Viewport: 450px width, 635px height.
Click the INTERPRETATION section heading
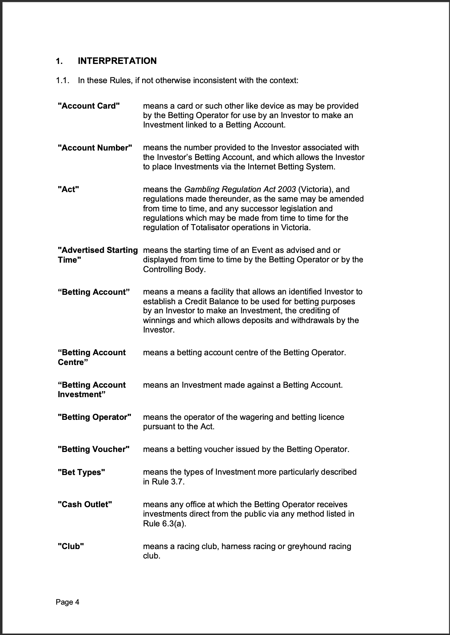117,61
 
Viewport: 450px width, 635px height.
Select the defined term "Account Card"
89,106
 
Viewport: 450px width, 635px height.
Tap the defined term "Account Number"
95,148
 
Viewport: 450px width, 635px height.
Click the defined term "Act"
68,189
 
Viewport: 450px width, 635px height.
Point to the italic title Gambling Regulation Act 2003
240,189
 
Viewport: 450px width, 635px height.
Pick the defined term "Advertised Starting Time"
97,255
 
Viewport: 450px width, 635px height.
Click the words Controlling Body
173,269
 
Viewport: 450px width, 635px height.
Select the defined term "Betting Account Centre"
92,357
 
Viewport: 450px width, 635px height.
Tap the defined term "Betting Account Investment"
92,389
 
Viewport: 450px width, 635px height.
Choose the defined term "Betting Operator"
94,417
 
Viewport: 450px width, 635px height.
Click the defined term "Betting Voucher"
94,449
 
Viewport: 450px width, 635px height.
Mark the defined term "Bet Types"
81,472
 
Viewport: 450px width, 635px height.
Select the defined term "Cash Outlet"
85,504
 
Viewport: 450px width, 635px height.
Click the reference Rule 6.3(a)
164,524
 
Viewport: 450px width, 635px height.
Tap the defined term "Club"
71,546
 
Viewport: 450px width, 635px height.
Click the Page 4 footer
67,602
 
